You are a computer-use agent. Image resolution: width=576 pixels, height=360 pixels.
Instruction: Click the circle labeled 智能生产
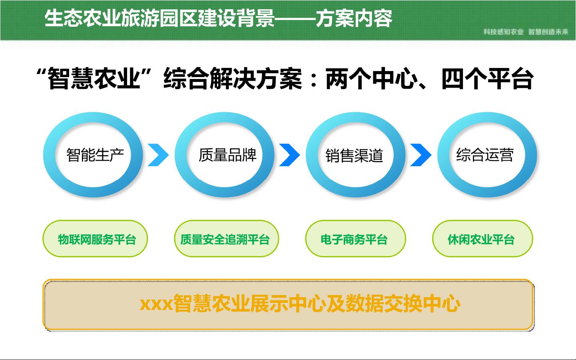pyautogui.click(x=49, y=155)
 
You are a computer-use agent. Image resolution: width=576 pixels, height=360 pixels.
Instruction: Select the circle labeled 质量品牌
pyautogui.click(x=181, y=155)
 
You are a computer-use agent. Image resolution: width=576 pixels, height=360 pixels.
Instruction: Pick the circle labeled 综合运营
pyautogui.click(x=443, y=155)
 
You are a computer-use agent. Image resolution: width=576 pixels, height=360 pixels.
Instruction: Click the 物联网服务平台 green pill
pyautogui.click(x=95, y=239)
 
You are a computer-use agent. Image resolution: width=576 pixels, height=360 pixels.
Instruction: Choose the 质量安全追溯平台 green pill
pyautogui.click(x=226, y=239)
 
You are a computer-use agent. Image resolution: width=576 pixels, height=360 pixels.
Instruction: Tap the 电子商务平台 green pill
pyautogui.click(x=355, y=239)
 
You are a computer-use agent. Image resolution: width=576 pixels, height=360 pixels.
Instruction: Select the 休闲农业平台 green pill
pyautogui.click(x=482, y=239)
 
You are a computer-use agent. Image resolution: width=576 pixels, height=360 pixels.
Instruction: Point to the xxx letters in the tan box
pyautogui.click(x=156, y=305)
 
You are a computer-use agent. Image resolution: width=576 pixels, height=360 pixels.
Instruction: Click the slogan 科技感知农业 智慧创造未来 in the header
pyautogui.click(x=526, y=32)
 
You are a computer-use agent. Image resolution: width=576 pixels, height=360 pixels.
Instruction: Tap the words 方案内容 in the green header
pyautogui.click(x=354, y=18)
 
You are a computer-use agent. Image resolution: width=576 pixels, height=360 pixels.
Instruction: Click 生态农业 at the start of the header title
pyautogui.click(x=83, y=18)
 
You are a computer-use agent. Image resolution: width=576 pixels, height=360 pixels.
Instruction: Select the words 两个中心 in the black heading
pyautogui.click(x=372, y=79)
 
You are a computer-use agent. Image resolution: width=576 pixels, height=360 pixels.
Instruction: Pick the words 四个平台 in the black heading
pyautogui.click(x=488, y=79)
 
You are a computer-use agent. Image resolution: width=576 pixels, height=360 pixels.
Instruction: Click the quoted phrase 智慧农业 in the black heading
pyautogui.click(x=94, y=78)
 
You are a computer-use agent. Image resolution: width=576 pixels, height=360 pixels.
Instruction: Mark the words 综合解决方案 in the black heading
pyautogui.click(x=233, y=79)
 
